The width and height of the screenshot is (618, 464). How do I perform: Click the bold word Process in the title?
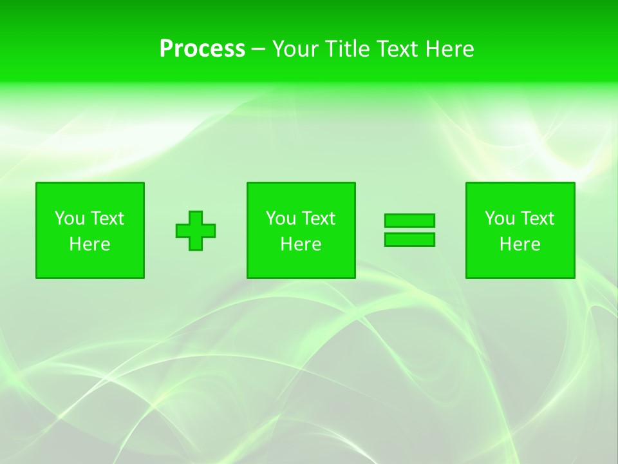(x=202, y=49)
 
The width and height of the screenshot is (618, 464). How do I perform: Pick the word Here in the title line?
(x=450, y=49)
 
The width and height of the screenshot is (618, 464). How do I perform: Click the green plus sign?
(x=196, y=231)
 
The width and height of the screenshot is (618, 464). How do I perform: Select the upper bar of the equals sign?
(x=409, y=221)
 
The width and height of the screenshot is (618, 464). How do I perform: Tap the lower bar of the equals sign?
(x=409, y=240)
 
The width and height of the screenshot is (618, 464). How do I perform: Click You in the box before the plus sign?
(x=70, y=218)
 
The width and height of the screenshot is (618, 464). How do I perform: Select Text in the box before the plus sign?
(x=106, y=218)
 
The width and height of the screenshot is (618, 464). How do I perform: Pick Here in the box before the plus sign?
(x=89, y=244)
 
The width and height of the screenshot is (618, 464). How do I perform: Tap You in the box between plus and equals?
(x=281, y=218)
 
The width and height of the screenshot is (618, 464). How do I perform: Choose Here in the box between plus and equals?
(x=301, y=244)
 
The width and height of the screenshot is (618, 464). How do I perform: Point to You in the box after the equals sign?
(x=500, y=218)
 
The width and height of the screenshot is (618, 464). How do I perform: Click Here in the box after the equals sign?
(x=520, y=244)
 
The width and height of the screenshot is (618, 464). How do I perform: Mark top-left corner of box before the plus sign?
(x=37, y=183)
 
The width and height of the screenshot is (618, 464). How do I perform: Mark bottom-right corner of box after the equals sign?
(x=574, y=278)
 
